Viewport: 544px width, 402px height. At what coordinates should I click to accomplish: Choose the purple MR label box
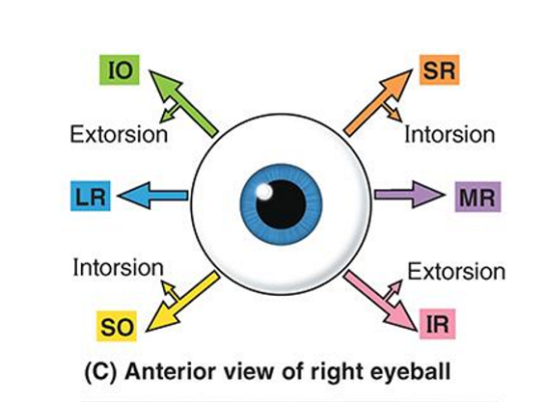coord(476,199)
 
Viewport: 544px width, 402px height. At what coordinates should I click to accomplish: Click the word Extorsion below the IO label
coord(119,134)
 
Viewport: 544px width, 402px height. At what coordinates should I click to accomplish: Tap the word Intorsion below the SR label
coord(449,134)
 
